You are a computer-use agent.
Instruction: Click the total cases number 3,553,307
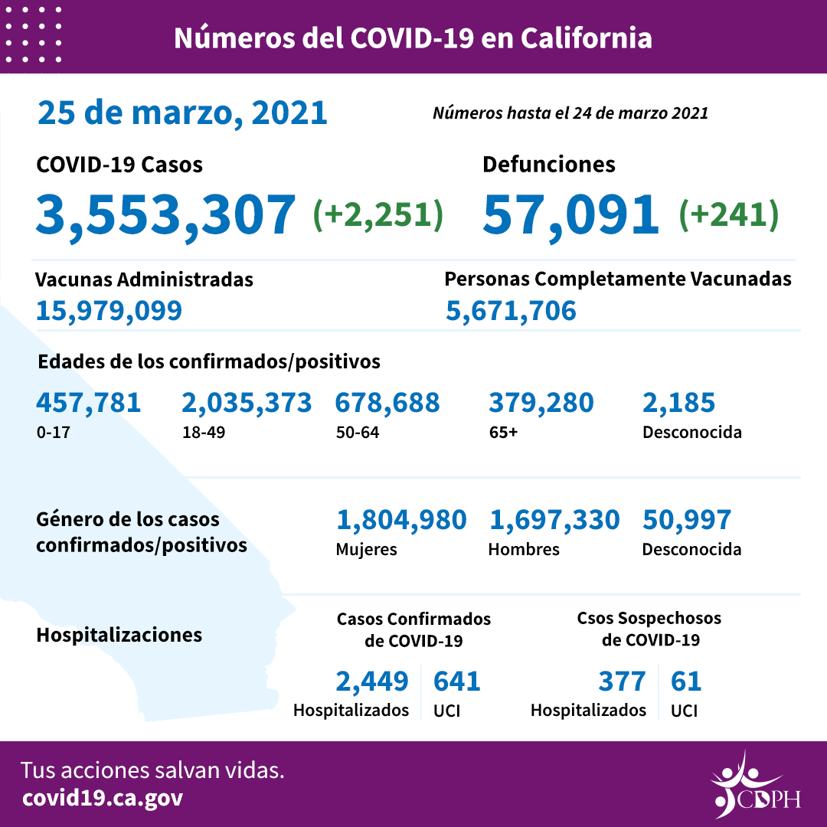[165, 214]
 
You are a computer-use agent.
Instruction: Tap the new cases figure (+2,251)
[378, 215]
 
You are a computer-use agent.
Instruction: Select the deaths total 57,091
[570, 214]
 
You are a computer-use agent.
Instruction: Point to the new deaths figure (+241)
[728, 215]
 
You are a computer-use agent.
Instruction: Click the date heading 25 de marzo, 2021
[182, 113]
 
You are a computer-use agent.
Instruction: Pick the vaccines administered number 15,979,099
[109, 310]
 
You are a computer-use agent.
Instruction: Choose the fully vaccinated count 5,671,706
[511, 310]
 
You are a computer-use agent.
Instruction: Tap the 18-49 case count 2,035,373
[247, 402]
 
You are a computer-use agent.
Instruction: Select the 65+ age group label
[503, 432]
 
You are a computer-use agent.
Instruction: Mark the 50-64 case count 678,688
[387, 402]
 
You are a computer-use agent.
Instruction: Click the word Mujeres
[366, 549]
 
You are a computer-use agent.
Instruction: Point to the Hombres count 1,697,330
[554, 520]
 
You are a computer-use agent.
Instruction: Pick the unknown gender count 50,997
[687, 520]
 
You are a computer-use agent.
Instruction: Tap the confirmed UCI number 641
[457, 681]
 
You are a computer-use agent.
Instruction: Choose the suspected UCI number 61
[686, 681]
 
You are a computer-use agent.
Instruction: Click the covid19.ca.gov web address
[103, 798]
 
